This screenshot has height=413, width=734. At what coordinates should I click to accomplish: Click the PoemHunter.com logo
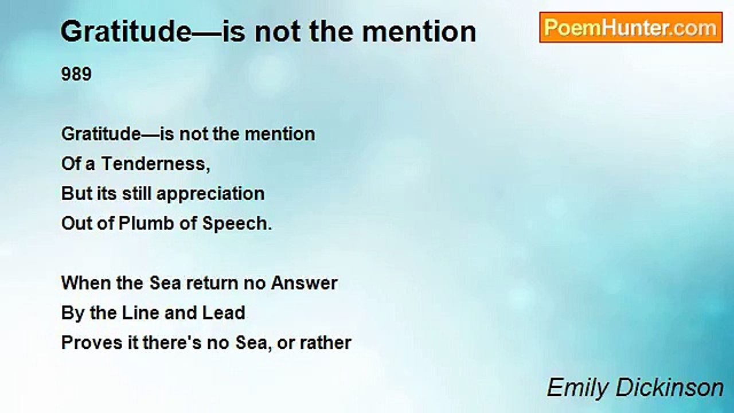[x=631, y=28]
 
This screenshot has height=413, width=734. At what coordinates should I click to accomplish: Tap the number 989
[x=76, y=74]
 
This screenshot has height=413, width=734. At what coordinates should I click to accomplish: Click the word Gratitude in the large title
[x=126, y=32]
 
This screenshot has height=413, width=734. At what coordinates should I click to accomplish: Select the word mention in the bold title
[x=419, y=32]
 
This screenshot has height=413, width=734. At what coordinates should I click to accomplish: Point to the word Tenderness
[x=155, y=163]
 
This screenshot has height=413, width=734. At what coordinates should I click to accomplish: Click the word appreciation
[x=210, y=194]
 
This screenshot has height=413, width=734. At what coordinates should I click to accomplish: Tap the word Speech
[x=237, y=224]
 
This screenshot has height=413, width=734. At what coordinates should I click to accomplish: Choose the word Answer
[x=304, y=283]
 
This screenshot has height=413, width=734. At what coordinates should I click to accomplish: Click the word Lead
[x=224, y=313]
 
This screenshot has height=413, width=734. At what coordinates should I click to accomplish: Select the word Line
[x=141, y=313]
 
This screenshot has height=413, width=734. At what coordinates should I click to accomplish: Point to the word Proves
[x=92, y=343]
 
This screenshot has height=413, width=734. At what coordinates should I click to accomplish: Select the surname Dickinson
[x=670, y=387]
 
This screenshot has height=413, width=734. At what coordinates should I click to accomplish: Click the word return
[x=212, y=283]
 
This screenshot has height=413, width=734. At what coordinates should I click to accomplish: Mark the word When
[x=86, y=283]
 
